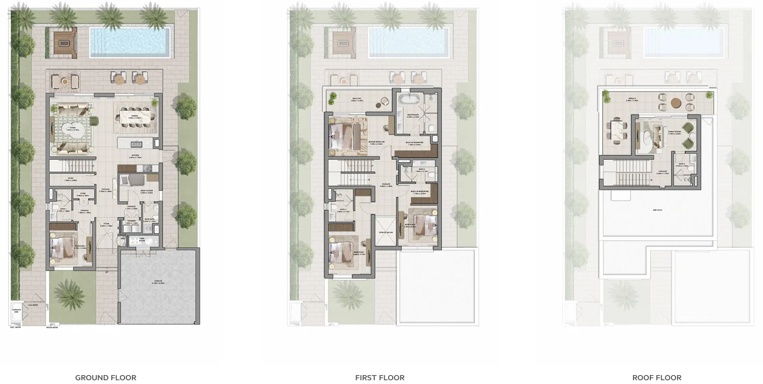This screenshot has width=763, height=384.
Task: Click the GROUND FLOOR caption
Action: [106, 377]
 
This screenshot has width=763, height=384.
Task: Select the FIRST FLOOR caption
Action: [380, 377]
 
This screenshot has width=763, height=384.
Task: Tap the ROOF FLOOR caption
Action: [656, 377]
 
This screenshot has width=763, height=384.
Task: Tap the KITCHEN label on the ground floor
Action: [135, 156]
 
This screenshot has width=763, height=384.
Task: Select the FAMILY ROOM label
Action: [674, 132]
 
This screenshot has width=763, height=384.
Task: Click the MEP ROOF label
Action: [657, 210]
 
